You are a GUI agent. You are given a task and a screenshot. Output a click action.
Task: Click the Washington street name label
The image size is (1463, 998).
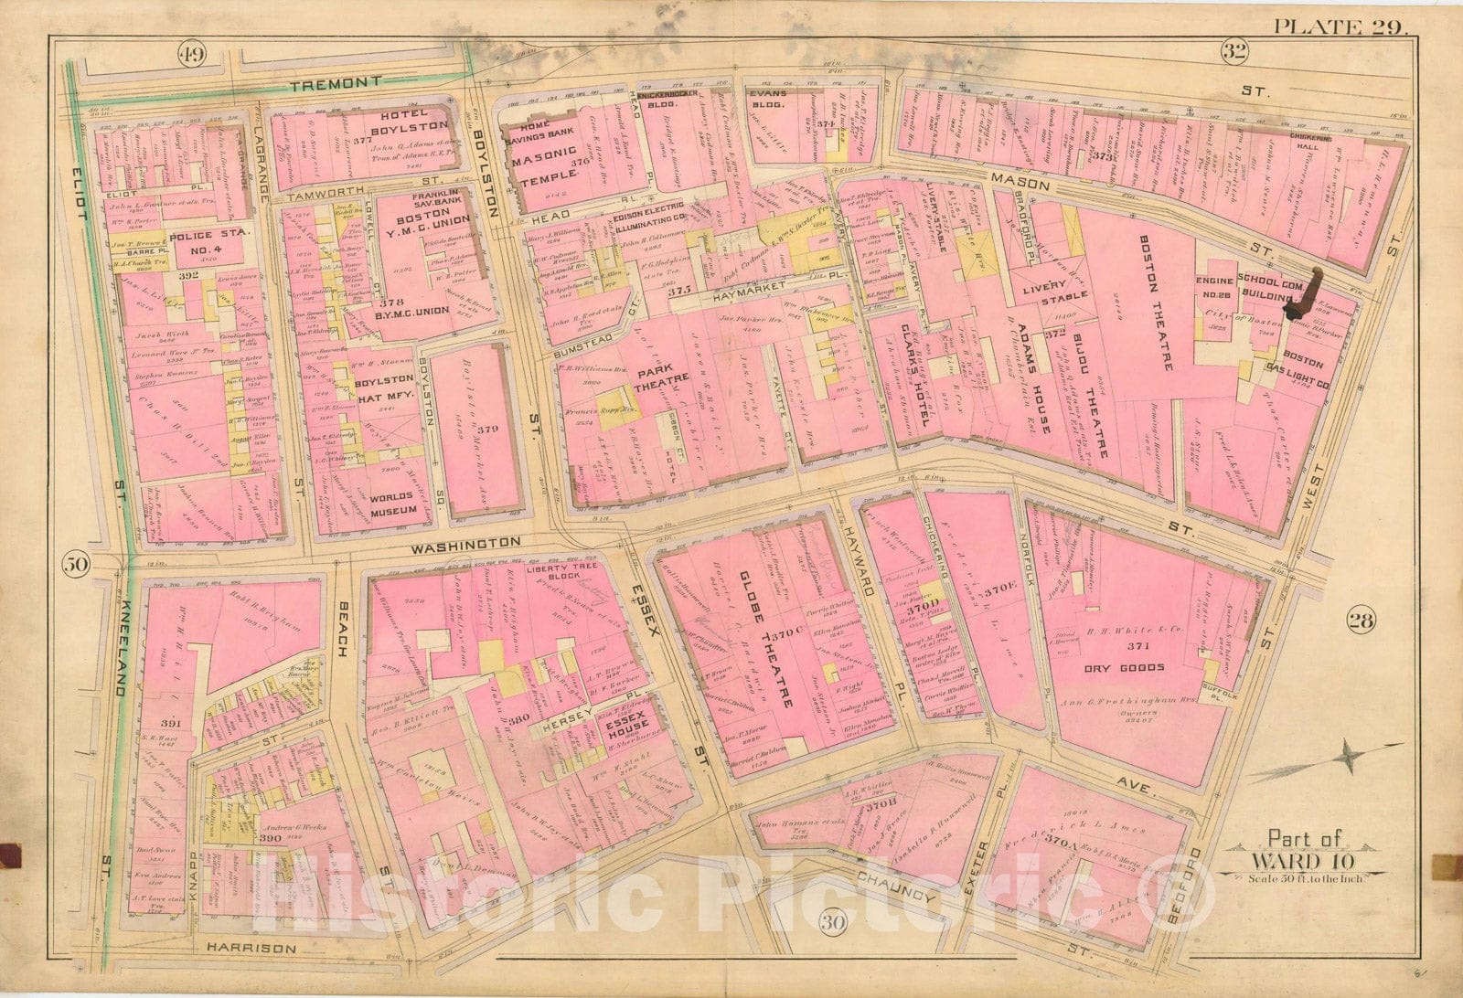point(454,543)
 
